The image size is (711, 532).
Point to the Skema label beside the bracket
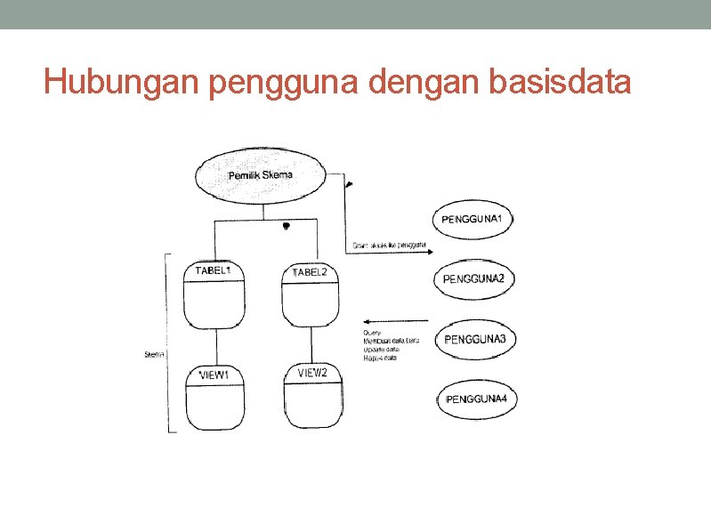point(155,355)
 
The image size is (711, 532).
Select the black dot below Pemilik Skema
point(286,227)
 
